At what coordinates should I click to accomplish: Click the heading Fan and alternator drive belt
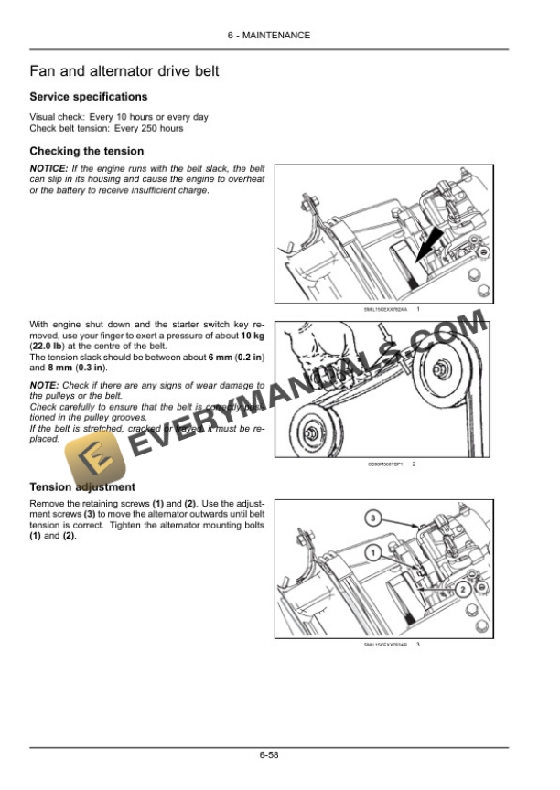(x=124, y=71)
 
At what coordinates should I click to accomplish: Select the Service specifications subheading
(x=88, y=97)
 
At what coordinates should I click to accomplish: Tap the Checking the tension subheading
(x=86, y=151)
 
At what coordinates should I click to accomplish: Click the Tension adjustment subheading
(x=82, y=487)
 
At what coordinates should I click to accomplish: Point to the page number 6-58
(x=268, y=755)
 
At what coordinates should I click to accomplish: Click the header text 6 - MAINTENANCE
(x=269, y=36)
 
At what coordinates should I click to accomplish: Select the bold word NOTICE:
(x=48, y=169)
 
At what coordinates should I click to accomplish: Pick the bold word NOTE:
(x=43, y=386)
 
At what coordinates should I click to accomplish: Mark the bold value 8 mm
(x=43, y=368)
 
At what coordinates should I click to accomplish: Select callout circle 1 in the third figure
(x=373, y=553)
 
